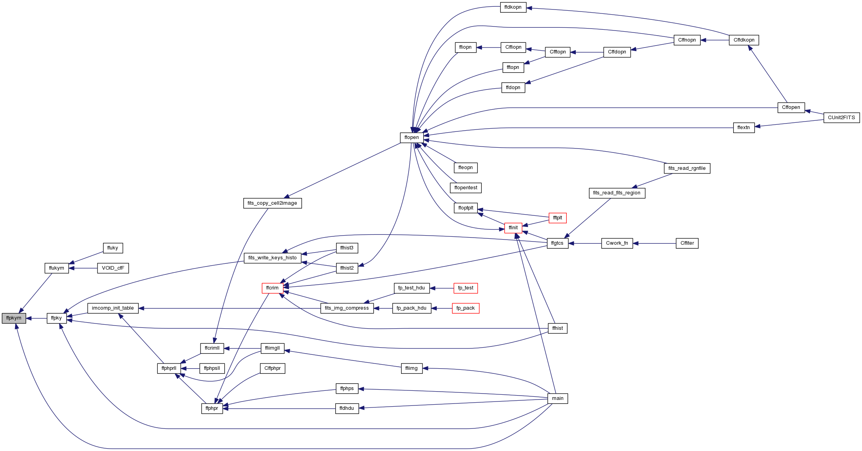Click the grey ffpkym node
14,318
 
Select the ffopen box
411,137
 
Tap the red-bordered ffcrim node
272,288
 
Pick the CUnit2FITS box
842,118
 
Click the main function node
558,398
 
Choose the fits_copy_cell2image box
272,203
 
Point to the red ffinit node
513,228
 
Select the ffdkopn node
513,7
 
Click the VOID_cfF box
113,268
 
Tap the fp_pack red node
466,308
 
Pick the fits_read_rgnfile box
687,168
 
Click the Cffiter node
687,243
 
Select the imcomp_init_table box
113,308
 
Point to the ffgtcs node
557,243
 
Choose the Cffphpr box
273,368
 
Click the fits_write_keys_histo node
272,258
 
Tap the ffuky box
113,248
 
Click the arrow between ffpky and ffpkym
36,318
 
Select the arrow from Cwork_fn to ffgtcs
585,243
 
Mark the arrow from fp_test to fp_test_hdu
442,288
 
